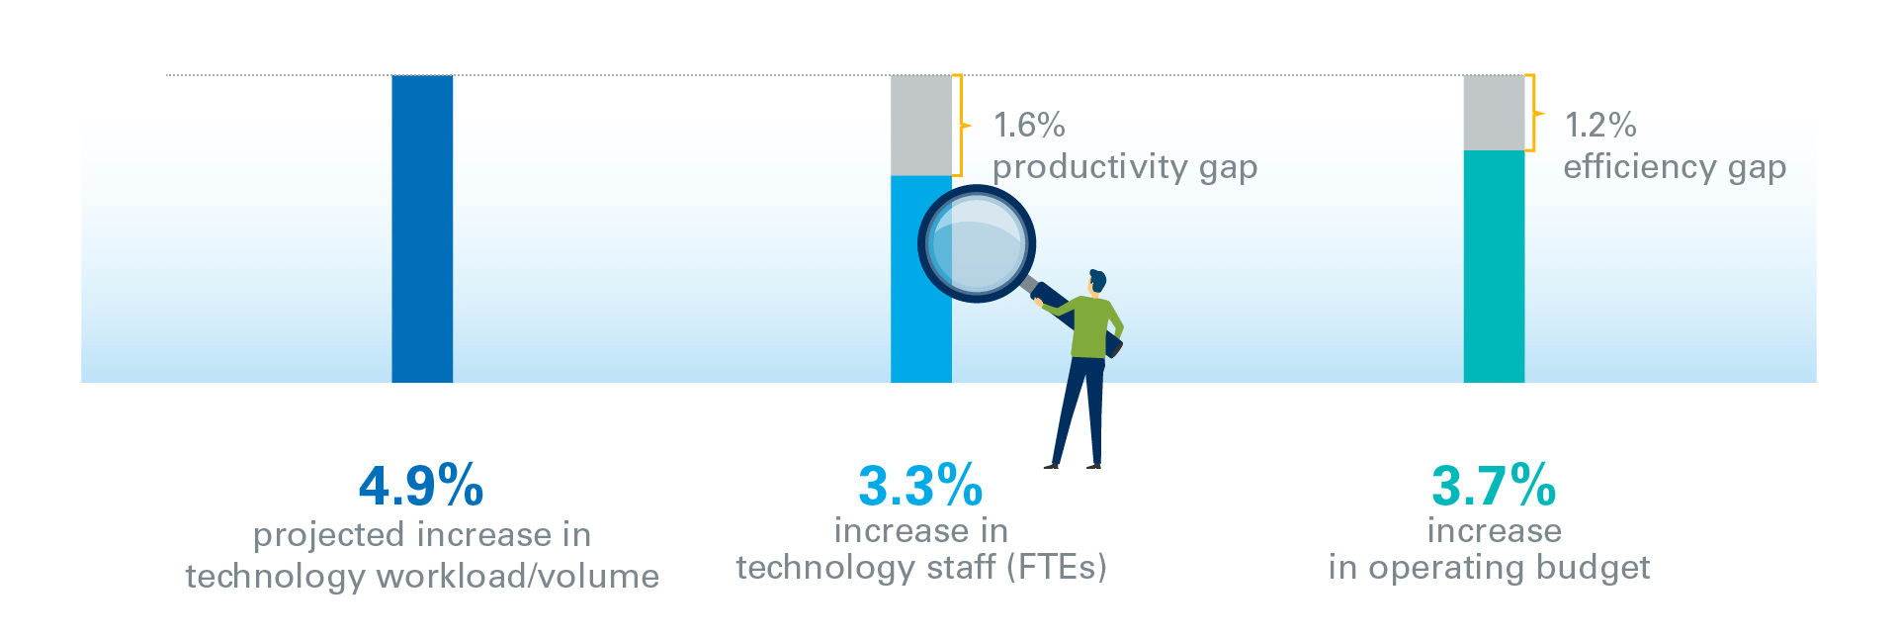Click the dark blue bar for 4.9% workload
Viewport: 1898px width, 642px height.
pos(422,229)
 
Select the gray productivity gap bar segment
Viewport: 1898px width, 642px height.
pos(921,126)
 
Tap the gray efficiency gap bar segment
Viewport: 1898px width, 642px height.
pos(1494,113)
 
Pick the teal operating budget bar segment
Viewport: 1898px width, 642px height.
pos(1494,266)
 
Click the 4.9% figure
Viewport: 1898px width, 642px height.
pos(421,485)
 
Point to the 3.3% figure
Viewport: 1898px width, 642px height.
pos(920,485)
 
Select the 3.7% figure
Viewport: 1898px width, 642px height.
pos(1494,485)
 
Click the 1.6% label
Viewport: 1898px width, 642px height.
pos(1029,126)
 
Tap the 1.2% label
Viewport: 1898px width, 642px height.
pos(1600,126)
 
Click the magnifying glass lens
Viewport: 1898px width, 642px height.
pos(977,243)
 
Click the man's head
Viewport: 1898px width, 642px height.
pos(1096,282)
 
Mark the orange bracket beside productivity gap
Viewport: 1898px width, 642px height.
pos(960,126)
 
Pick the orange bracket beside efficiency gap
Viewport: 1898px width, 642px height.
pos(1532,113)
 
